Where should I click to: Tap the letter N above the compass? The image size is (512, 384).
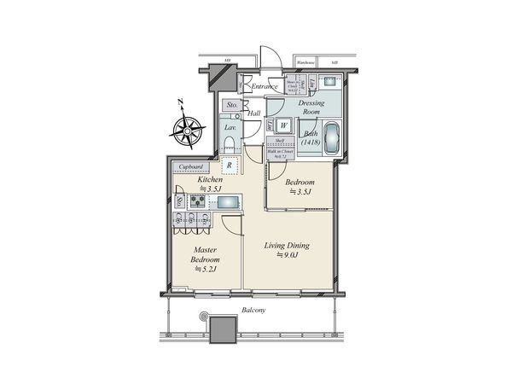(x=181, y=103)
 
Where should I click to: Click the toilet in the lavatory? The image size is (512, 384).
(x=230, y=143)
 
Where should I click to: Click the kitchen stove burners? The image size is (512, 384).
(x=197, y=202)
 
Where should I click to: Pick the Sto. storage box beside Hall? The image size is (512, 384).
(x=231, y=106)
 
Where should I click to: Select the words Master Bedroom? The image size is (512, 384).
(x=206, y=255)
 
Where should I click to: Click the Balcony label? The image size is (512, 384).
(x=253, y=311)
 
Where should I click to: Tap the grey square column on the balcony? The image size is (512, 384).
(x=224, y=330)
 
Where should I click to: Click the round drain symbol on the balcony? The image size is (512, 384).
(x=204, y=318)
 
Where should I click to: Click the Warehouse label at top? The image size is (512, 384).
(x=306, y=63)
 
